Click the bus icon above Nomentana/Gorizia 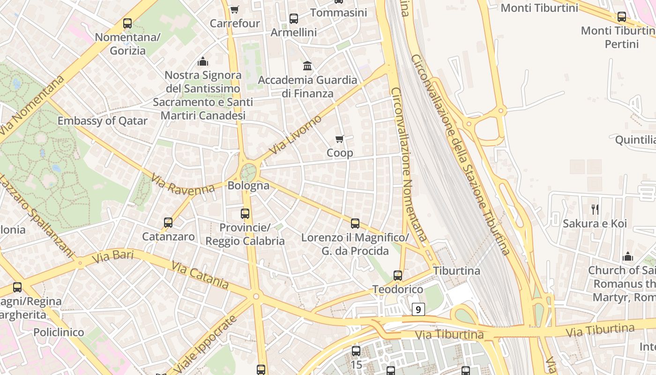[127, 23]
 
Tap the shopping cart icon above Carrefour [235, 9]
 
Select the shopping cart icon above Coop [340, 139]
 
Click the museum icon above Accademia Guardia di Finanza [307, 66]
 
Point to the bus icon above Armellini [294, 18]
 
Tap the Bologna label [248, 186]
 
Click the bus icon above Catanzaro [168, 223]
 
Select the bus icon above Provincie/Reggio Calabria [245, 214]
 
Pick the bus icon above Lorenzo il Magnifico [355, 223]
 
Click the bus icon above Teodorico [398, 275]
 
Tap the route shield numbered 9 [418, 309]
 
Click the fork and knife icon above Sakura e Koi [595, 209]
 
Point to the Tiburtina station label [456, 271]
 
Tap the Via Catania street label [200, 275]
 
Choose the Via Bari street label [113, 256]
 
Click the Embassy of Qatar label [102, 121]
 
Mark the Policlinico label [59, 332]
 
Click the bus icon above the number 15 [356, 351]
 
